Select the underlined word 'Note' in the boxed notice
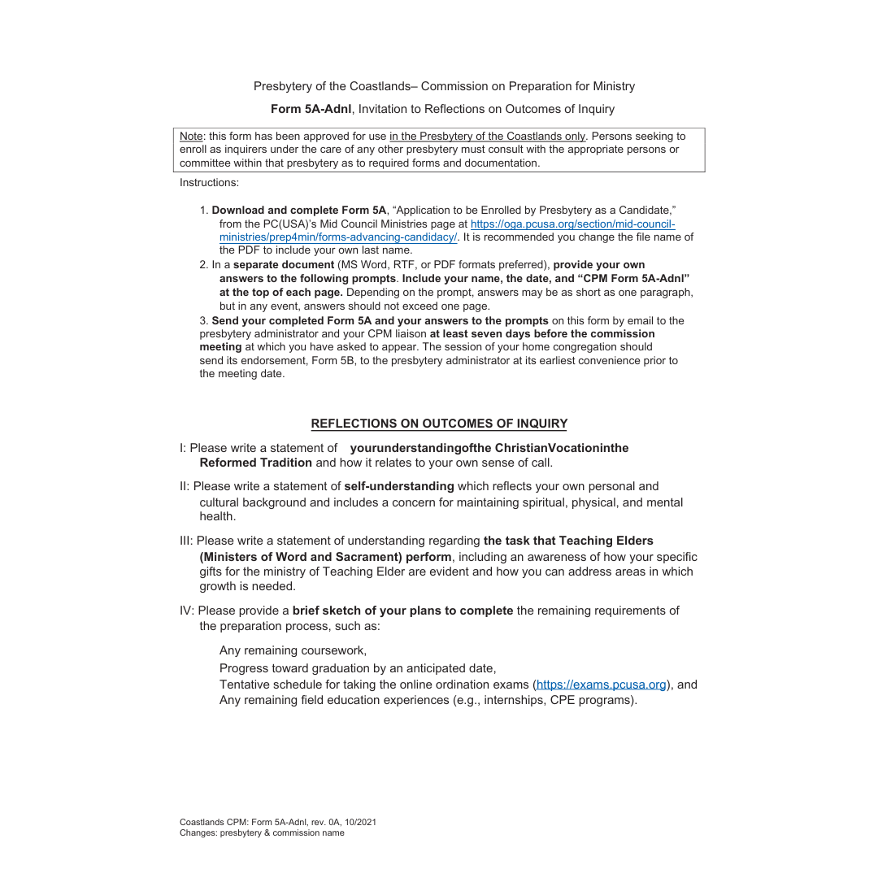click(x=191, y=137)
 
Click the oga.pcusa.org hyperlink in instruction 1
click(x=572, y=224)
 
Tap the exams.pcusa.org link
click(x=602, y=685)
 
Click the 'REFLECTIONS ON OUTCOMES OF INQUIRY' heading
click(x=439, y=424)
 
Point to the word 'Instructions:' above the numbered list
click(x=209, y=183)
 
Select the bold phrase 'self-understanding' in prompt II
click(x=399, y=486)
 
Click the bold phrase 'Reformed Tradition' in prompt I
click(x=256, y=463)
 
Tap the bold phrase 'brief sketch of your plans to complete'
click(x=402, y=611)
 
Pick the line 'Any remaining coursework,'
click(x=293, y=650)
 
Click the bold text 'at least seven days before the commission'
click(x=542, y=334)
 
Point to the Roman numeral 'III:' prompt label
click(x=187, y=541)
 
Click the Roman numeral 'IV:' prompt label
click(x=187, y=611)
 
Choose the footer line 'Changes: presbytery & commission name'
click(x=262, y=832)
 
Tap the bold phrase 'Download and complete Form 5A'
click(x=299, y=211)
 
